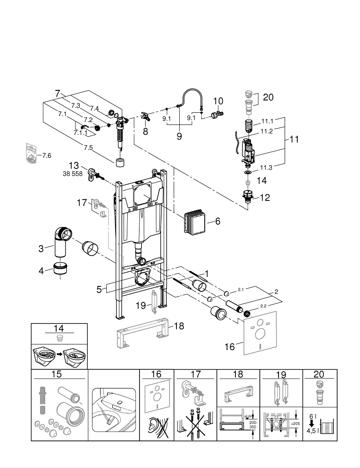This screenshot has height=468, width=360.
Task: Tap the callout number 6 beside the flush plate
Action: (x=217, y=221)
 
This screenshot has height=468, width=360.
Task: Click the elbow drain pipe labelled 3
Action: (x=60, y=241)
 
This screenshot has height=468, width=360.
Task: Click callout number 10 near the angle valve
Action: (x=218, y=101)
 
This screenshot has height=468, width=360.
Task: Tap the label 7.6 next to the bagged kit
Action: (x=47, y=155)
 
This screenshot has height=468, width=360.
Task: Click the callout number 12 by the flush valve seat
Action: (x=264, y=198)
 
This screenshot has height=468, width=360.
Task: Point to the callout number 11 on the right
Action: (x=294, y=139)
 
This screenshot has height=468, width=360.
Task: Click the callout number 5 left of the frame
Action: (x=99, y=290)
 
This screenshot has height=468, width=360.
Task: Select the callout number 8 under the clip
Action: (x=145, y=132)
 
